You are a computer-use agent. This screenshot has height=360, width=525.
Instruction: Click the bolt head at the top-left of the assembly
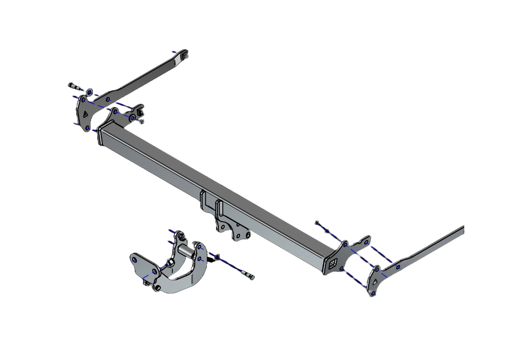70,85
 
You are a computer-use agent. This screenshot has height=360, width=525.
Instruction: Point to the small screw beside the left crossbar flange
142,121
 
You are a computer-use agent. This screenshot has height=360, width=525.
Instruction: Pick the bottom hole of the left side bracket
88,128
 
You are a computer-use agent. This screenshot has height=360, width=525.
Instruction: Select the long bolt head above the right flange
318,223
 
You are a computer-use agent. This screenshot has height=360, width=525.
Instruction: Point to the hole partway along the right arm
398,267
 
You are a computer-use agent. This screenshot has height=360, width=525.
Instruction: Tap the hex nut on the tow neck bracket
170,262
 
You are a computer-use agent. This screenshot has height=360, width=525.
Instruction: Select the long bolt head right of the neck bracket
251,277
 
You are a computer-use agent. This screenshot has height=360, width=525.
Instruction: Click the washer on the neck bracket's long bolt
217,258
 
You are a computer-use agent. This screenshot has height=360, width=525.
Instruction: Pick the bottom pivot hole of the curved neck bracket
157,288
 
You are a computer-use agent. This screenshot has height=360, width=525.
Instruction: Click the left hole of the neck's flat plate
135,260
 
